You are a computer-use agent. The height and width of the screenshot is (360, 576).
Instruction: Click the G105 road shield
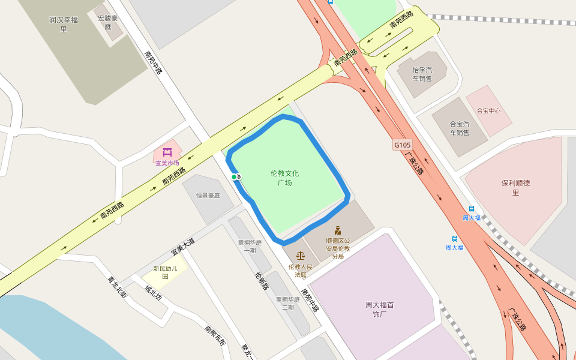pyautogui.click(x=403, y=145)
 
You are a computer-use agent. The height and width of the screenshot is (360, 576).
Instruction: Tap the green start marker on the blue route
pyautogui.click(x=234, y=176)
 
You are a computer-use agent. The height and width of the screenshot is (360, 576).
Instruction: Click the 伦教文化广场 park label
pyautogui.click(x=284, y=178)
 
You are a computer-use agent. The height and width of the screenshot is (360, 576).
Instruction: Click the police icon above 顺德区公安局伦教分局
pyautogui.click(x=338, y=230)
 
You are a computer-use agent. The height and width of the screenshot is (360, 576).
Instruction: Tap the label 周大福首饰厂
pyautogui.click(x=380, y=309)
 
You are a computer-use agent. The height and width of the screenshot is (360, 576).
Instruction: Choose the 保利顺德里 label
pyautogui.click(x=515, y=187)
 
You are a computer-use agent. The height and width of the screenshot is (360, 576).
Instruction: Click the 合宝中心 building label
pyautogui.click(x=488, y=110)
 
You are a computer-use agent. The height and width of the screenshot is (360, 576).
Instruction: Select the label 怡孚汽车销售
pyautogui.click(x=422, y=74)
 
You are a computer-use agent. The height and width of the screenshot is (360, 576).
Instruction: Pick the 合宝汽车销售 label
pyautogui.click(x=460, y=128)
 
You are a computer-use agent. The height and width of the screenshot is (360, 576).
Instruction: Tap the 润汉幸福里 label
pyautogui.click(x=64, y=24)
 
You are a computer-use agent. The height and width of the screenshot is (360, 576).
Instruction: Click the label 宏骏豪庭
pyautogui.click(x=108, y=22)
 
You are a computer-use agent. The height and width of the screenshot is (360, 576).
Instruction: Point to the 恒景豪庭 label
pyautogui.click(x=208, y=196)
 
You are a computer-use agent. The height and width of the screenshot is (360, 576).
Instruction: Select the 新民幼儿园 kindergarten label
pyautogui.click(x=165, y=272)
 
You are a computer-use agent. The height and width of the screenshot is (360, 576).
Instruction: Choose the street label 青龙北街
pyautogui.click(x=117, y=287)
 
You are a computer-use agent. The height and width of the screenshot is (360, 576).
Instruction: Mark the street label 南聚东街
pyautogui.click(x=215, y=336)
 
